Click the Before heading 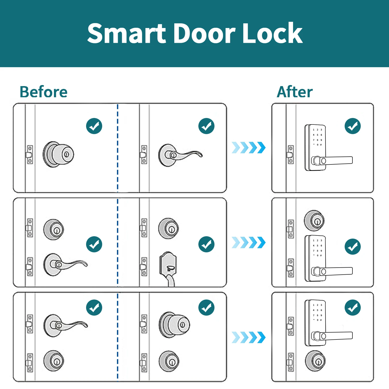pyautogui.click(x=44, y=92)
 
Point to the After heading pyautogui.click(x=295, y=92)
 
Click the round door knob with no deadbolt pyautogui.click(x=59, y=154)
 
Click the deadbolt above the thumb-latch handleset pyautogui.click(x=169, y=228)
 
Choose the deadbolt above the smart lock pyautogui.click(x=314, y=221)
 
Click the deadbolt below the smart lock pyautogui.click(x=315, y=361)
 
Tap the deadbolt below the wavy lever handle pyautogui.click(x=54, y=361)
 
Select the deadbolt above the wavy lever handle pyautogui.click(x=54, y=230)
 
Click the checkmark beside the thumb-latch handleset pyautogui.click(x=206, y=244)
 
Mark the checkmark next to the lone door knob pyautogui.click(x=94, y=126)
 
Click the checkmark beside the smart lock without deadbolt pyautogui.click(x=353, y=126)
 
